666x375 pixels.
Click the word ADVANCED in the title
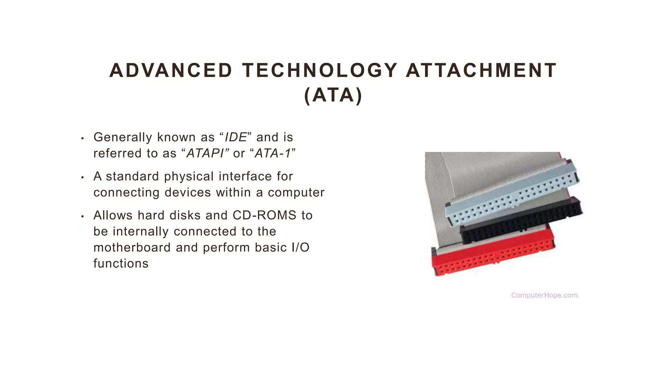point(171,71)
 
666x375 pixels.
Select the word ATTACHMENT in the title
point(481,71)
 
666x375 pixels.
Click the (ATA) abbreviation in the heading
point(333,95)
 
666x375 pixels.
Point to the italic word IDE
point(236,137)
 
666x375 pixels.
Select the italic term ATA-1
point(273,153)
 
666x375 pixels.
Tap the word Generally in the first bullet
point(123,137)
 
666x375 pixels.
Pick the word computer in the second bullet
point(296,192)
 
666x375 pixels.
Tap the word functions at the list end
point(121,263)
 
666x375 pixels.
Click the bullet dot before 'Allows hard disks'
point(83,216)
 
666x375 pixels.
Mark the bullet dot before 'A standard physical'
point(83,177)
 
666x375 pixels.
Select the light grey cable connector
point(512,195)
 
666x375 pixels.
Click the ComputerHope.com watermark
point(544,295)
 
